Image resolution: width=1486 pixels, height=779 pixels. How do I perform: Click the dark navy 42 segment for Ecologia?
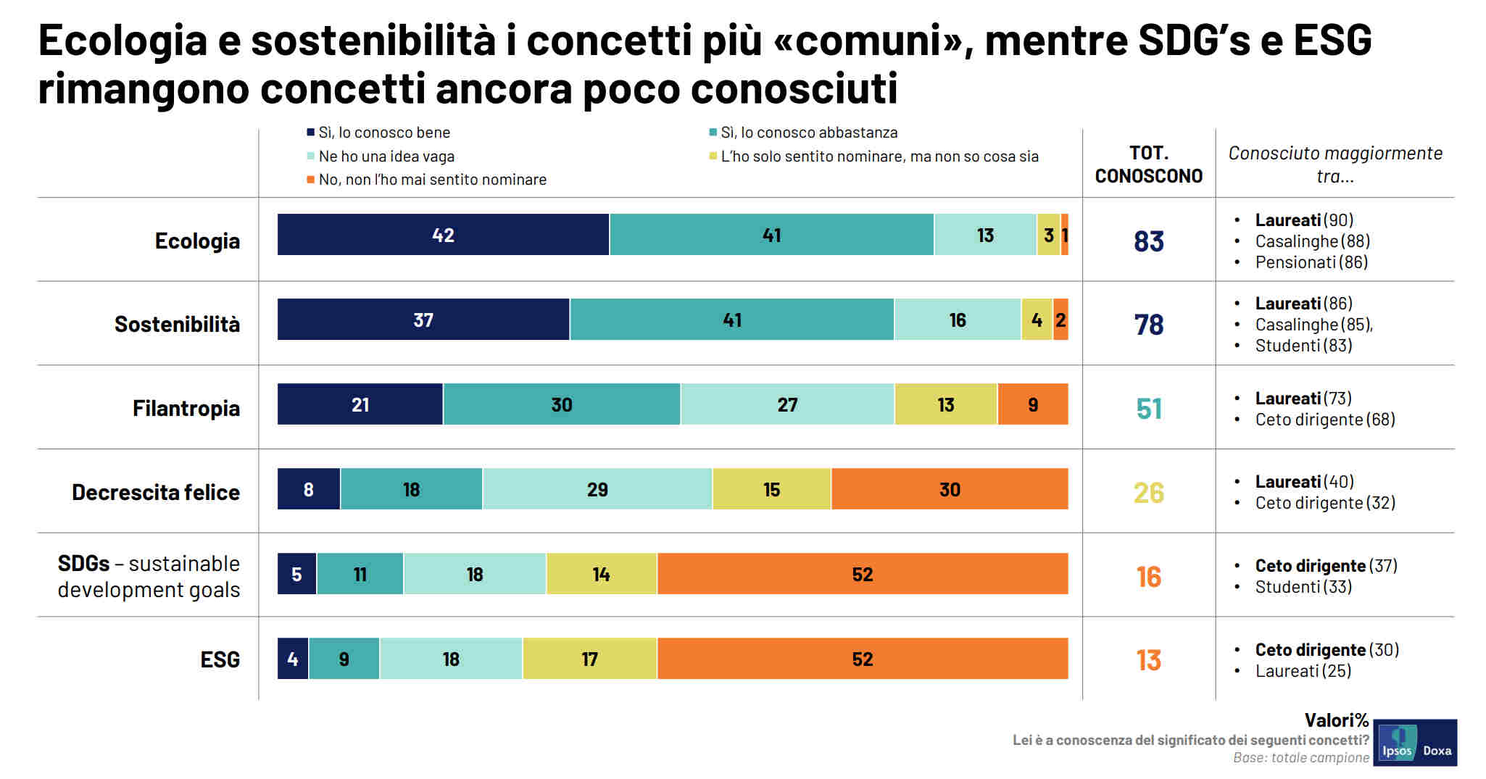(x=443, y=235)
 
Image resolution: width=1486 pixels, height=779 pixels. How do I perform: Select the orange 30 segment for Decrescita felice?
(x=950, y=489)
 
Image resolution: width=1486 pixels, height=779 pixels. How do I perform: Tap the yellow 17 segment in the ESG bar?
(x=589, y=659)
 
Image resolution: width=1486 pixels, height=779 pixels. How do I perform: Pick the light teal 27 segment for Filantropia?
(x=787, y=404)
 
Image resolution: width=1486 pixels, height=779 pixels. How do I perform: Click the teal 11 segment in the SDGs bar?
(x=360, y=574)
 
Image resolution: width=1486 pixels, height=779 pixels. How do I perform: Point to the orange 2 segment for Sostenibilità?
(x=1060, y=320)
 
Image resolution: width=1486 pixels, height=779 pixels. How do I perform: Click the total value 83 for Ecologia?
(x=1149, y=241)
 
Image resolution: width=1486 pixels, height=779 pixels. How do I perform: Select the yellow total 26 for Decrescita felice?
(x=1149, y=493)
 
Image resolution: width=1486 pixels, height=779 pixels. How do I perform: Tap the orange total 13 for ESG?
(x=1149, y=660)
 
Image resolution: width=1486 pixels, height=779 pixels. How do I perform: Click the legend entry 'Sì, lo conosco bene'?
(x=384, y=133)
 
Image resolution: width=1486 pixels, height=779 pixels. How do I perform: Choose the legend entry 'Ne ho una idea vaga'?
(x=386, y=157)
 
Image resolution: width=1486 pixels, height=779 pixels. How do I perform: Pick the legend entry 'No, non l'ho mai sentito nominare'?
(x=432, y=180)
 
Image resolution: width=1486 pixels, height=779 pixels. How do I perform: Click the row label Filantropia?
(x=186, y=408)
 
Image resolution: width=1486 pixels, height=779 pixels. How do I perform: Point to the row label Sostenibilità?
(x=177, y=324)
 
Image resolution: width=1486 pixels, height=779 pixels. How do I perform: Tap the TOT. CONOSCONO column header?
(x=1149, y=164)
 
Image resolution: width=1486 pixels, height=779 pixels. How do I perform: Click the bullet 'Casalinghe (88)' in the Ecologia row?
(x=1312, y=241)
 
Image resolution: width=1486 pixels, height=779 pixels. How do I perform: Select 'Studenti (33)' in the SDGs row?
(x=1303, y=587)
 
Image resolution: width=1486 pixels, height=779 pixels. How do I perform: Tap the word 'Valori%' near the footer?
(x=1336, y=720)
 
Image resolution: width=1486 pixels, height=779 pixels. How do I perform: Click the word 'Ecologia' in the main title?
(x=123, y=41)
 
